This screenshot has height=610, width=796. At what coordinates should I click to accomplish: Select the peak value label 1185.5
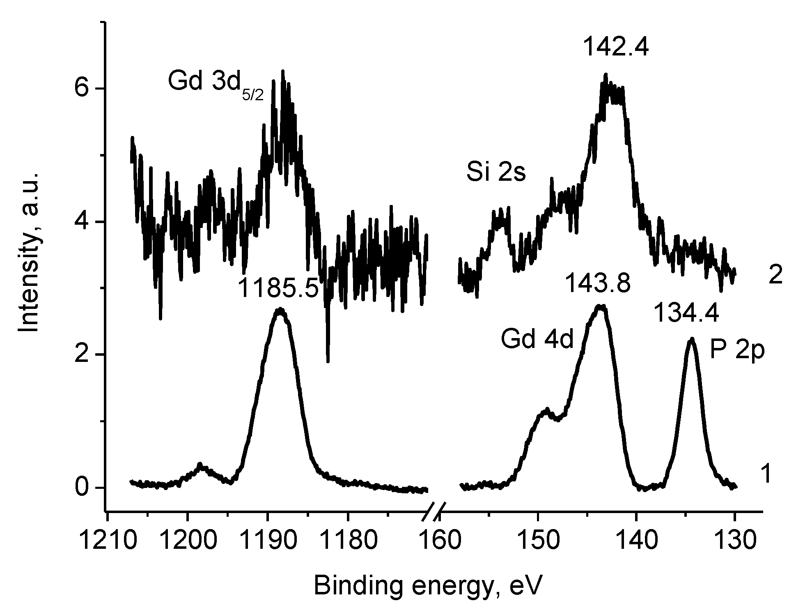tap(278, 288)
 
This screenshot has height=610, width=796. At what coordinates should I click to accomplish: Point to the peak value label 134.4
tap(686, 313)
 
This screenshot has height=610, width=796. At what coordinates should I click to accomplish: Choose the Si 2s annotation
tap(496, 173)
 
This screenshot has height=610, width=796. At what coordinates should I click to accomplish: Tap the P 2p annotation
tap(737, 352)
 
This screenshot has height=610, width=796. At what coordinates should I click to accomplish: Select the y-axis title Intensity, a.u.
tap(30, 251)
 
